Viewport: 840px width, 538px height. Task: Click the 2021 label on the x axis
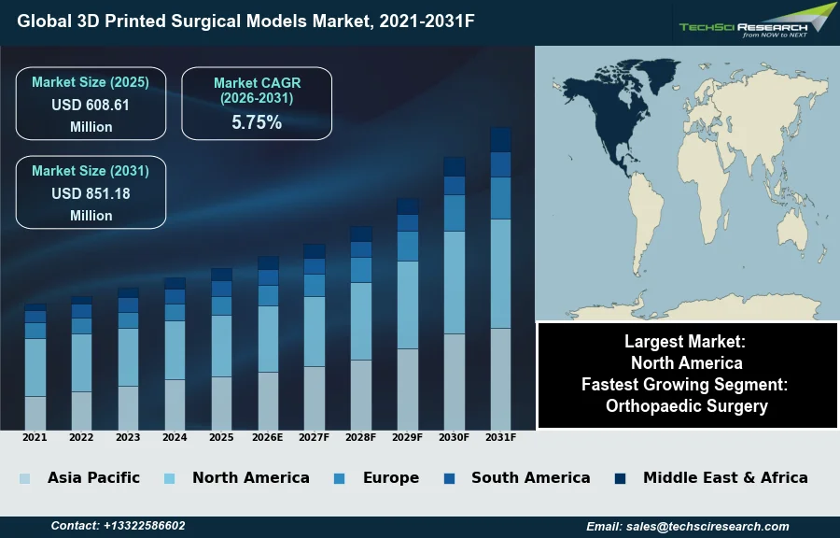pyautogui.click(x=35, y=437)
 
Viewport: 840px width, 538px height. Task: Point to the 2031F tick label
pyautogui.click(x=500, y=437)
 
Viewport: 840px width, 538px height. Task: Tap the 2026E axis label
pyautogui.click(x=268, y=437)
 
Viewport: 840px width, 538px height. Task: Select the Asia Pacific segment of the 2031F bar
pyautogui.click(x=500, y=378)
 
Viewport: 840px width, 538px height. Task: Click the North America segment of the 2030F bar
pyautogui.click(x=455, y=282)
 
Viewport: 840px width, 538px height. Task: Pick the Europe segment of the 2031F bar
pyautogui.click(x=500, y=198)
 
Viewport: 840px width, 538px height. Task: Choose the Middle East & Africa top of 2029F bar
pyautogui.click(x=408, y=206)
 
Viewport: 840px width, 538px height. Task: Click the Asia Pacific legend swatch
pyautogui.click(x=24, y=479)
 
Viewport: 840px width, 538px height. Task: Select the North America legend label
pyautogui.click(x=250, y=477)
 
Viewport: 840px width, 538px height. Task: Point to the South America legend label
pyautogui.click(x=530, y=477)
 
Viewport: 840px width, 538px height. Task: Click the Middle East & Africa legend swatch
pyautogui.click(x=620, y=479)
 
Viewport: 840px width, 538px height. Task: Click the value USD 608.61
pyautogui.click(x=91, y=106)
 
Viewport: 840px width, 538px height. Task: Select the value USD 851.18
pyautogui.click(x=91, y=194)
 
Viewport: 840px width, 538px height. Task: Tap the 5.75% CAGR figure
pyautogui.click(x=257, y=122)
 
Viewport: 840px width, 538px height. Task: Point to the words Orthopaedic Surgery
pyautogui.click(x=686, y=405)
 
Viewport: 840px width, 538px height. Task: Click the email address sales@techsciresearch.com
pyautogui.click(x=688, y=527)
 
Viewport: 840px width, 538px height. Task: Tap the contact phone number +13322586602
pyautogui.click(x=118, y=527)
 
